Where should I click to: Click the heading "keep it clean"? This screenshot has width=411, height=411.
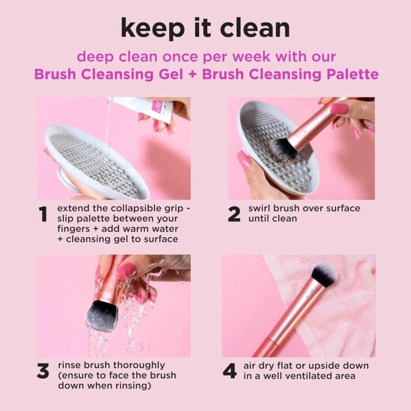(206, 28)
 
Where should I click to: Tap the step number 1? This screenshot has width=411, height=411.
(43, 215)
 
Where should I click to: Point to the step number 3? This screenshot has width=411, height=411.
(43, 371)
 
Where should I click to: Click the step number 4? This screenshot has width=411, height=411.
(230, 371)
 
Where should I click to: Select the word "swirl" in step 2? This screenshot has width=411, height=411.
(262, 209)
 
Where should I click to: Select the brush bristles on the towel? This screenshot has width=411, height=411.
(324, 275)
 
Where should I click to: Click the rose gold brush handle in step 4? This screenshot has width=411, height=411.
(285, 323)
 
